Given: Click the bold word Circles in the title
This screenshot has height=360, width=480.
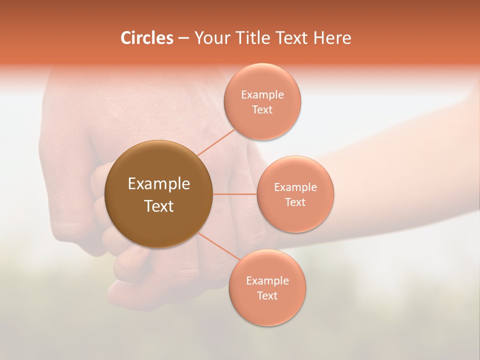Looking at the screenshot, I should pyautogui.click(x=147, y=38).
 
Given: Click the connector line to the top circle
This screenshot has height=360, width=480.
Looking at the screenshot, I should pyautogui.click(x=216, y=142).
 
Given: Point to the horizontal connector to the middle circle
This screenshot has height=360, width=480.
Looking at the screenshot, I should pyautogui.click(x=234, y=194).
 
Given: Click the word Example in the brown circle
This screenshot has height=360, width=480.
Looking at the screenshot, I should pyautogui.click(x=158, y=184).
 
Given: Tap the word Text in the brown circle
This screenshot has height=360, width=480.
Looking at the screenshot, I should pyautogui.click(x=158, y=206).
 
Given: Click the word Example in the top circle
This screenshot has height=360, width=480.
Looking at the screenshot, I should pyautogui.click(x=262, y=94).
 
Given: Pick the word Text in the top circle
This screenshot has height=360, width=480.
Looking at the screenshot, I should pyautogui.click(x=262, y=109).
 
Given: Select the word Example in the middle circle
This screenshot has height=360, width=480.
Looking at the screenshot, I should pyautogui.click(x=295, y=187).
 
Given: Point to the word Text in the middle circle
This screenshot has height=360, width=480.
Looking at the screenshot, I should pyautogui.click(x=295, y=202).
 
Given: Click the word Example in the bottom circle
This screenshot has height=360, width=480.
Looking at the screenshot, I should pyautogui.click(x=267, y=280).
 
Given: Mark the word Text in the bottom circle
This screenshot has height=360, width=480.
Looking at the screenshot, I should pyautogui.click(x=267, y=295).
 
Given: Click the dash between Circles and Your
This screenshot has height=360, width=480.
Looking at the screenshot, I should pyautogui.click(x=183, y=38).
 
